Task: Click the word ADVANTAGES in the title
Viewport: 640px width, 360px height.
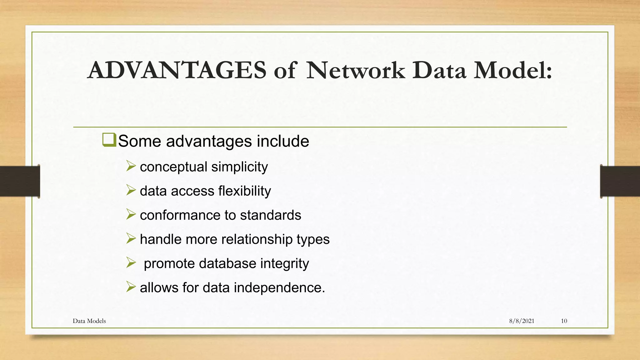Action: coord(177,70)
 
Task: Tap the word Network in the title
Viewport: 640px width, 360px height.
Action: coord(356,70)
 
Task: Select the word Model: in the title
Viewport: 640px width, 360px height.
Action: coord(513,70)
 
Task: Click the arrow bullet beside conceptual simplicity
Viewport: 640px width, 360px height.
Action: coord(131,166)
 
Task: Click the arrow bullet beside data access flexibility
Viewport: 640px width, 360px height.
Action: coord(131,190)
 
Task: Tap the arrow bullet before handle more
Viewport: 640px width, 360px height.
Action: coord(131,238)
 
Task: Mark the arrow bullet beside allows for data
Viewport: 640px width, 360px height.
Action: coord(131,287)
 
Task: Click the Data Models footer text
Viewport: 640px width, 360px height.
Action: coord(89,321)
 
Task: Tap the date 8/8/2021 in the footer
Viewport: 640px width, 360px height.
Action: coord(522,321)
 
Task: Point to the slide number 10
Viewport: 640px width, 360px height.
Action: coord(564,321)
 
